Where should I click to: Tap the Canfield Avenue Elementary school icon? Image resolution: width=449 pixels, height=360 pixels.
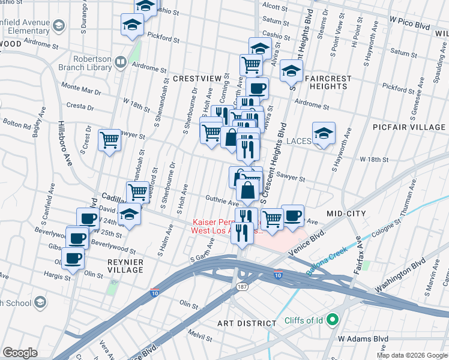pyautogui.click(x=59, y=25)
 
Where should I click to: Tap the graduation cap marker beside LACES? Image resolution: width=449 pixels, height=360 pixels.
pyautogui.click(x=324, y=133)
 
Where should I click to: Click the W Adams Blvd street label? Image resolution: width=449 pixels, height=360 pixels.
pyautogui.click(x=360, y=338)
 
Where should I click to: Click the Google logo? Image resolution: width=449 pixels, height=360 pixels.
pyautogui.click(x=20, y=353)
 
